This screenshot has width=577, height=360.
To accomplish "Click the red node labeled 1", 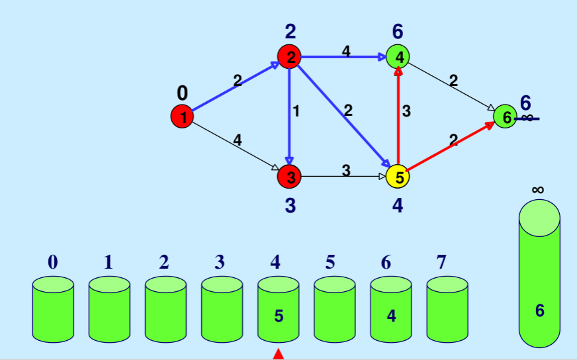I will tap(183, 117).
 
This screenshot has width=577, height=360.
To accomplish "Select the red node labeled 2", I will tap(290, 57).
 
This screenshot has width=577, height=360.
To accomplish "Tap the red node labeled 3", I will tap(290, 177).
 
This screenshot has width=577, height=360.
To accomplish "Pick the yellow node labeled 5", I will tap(398, 177).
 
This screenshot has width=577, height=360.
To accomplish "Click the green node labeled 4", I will tap(398, 57).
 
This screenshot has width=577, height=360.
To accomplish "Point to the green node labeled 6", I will tap(505, 117).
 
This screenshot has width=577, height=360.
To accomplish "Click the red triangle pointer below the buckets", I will tap(279, 355).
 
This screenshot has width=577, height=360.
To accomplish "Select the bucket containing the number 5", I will tap(279, 311).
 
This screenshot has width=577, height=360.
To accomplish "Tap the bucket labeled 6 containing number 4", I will tap(390, 311).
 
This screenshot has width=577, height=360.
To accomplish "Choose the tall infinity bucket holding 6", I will tap(539, 278).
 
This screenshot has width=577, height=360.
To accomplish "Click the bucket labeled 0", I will tap(53, 311).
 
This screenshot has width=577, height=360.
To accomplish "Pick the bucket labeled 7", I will tap(447, 311).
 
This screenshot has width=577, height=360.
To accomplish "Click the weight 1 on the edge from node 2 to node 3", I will tap(296, 112).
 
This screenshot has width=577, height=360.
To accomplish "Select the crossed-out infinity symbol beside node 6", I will tap(527, 118).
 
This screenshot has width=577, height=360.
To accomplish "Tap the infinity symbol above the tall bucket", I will tap(538, 190).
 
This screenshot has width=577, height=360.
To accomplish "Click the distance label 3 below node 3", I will tap(290, 206).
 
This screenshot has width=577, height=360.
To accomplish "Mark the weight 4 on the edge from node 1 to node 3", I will tap(237, 140).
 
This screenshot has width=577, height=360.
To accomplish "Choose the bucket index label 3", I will tap(220, 262).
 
